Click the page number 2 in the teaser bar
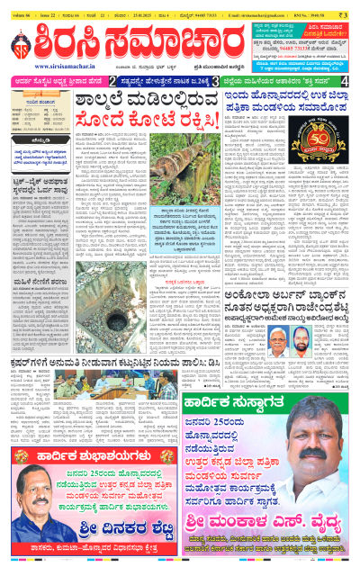click(112, 81)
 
